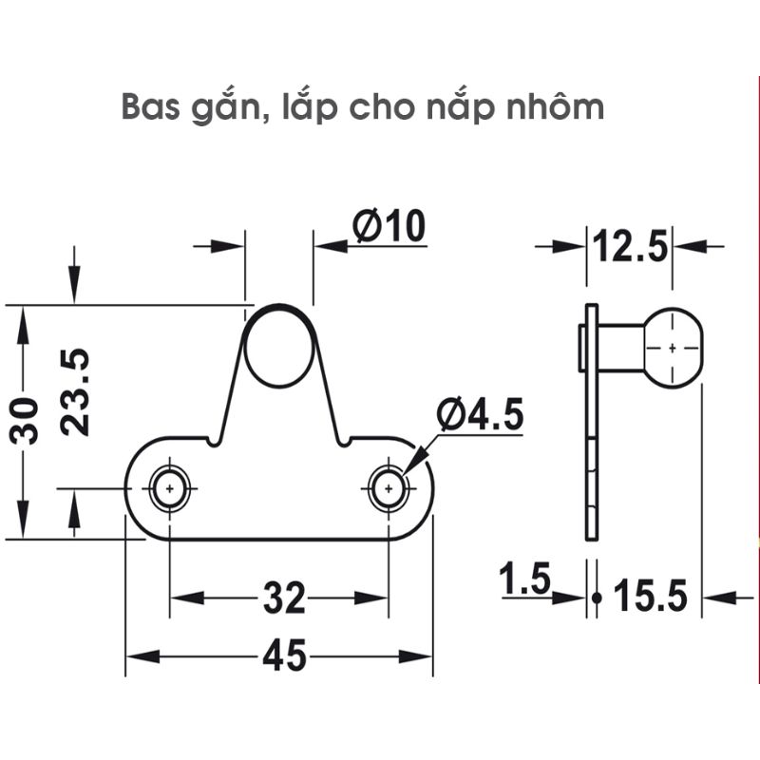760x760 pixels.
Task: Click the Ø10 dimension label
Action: click(389, 227)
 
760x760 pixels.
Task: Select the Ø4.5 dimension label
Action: click(480, 416)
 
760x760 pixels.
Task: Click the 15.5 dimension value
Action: click(650, 598)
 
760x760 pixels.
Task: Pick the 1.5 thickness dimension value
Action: click(524, 579)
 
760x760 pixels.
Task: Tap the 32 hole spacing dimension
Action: click(282, 598)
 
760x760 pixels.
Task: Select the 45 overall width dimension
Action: click(282, 656)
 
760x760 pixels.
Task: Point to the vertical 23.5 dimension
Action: click(75, 391)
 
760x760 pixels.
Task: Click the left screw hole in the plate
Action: click(170, 488)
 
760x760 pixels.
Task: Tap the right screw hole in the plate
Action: click(389, 488)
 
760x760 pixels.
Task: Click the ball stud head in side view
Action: click(672, 348)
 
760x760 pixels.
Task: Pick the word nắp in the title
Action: click(446, 107)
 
